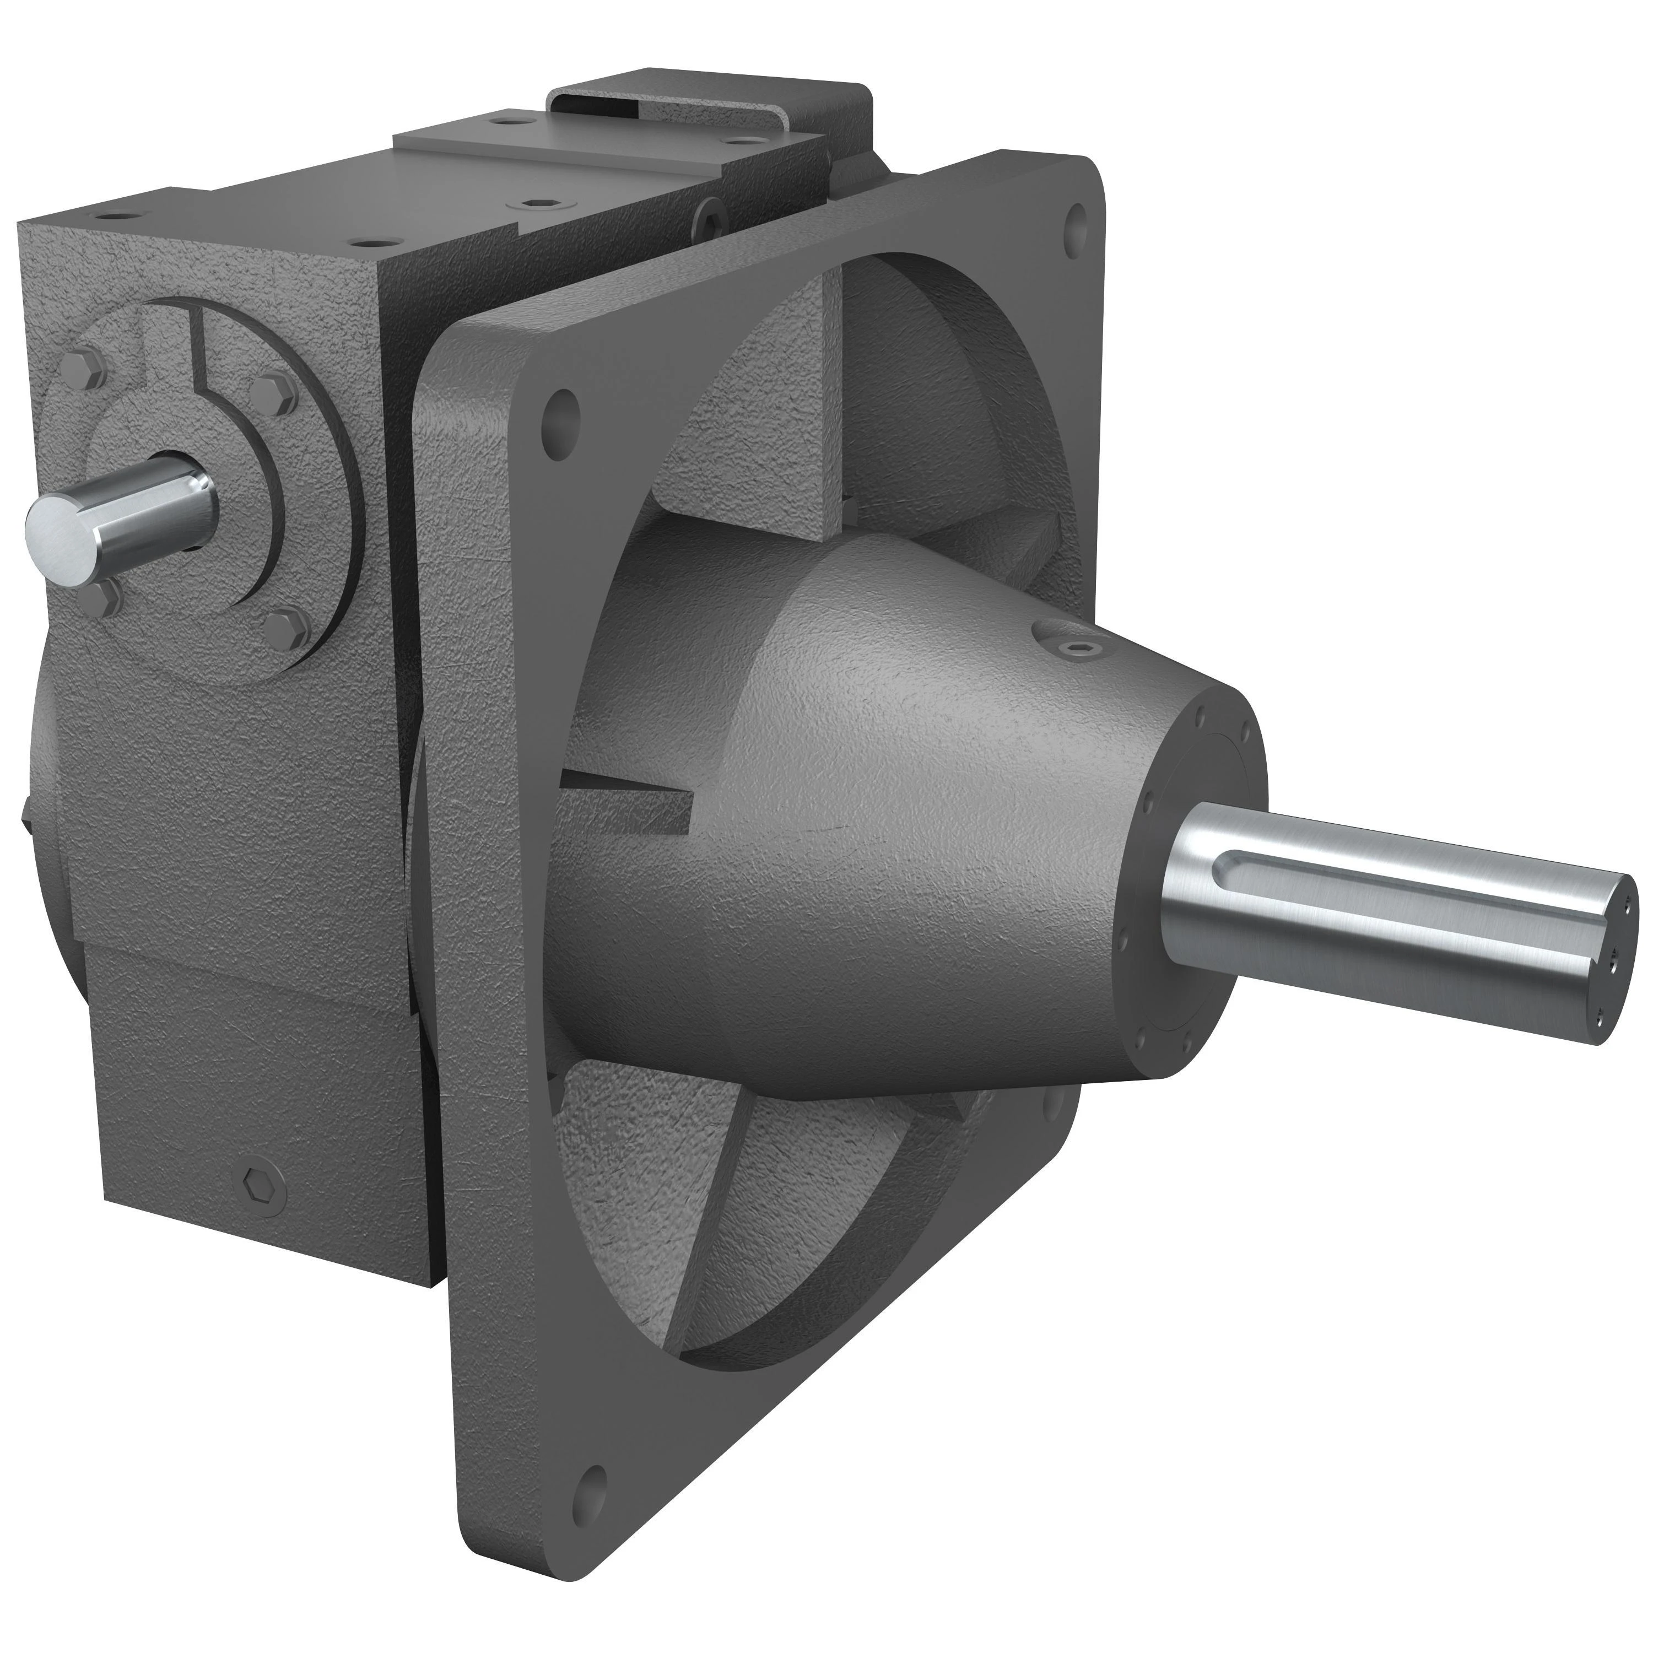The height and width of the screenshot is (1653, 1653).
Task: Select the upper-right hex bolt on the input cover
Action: [272, 391]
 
